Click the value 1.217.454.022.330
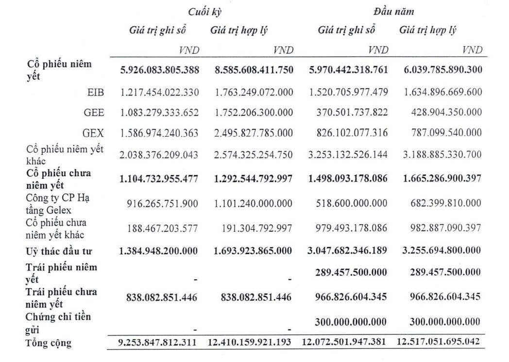tap(159, 92)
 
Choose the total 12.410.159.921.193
tap(250, 343)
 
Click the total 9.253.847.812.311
tap(157, 343)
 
